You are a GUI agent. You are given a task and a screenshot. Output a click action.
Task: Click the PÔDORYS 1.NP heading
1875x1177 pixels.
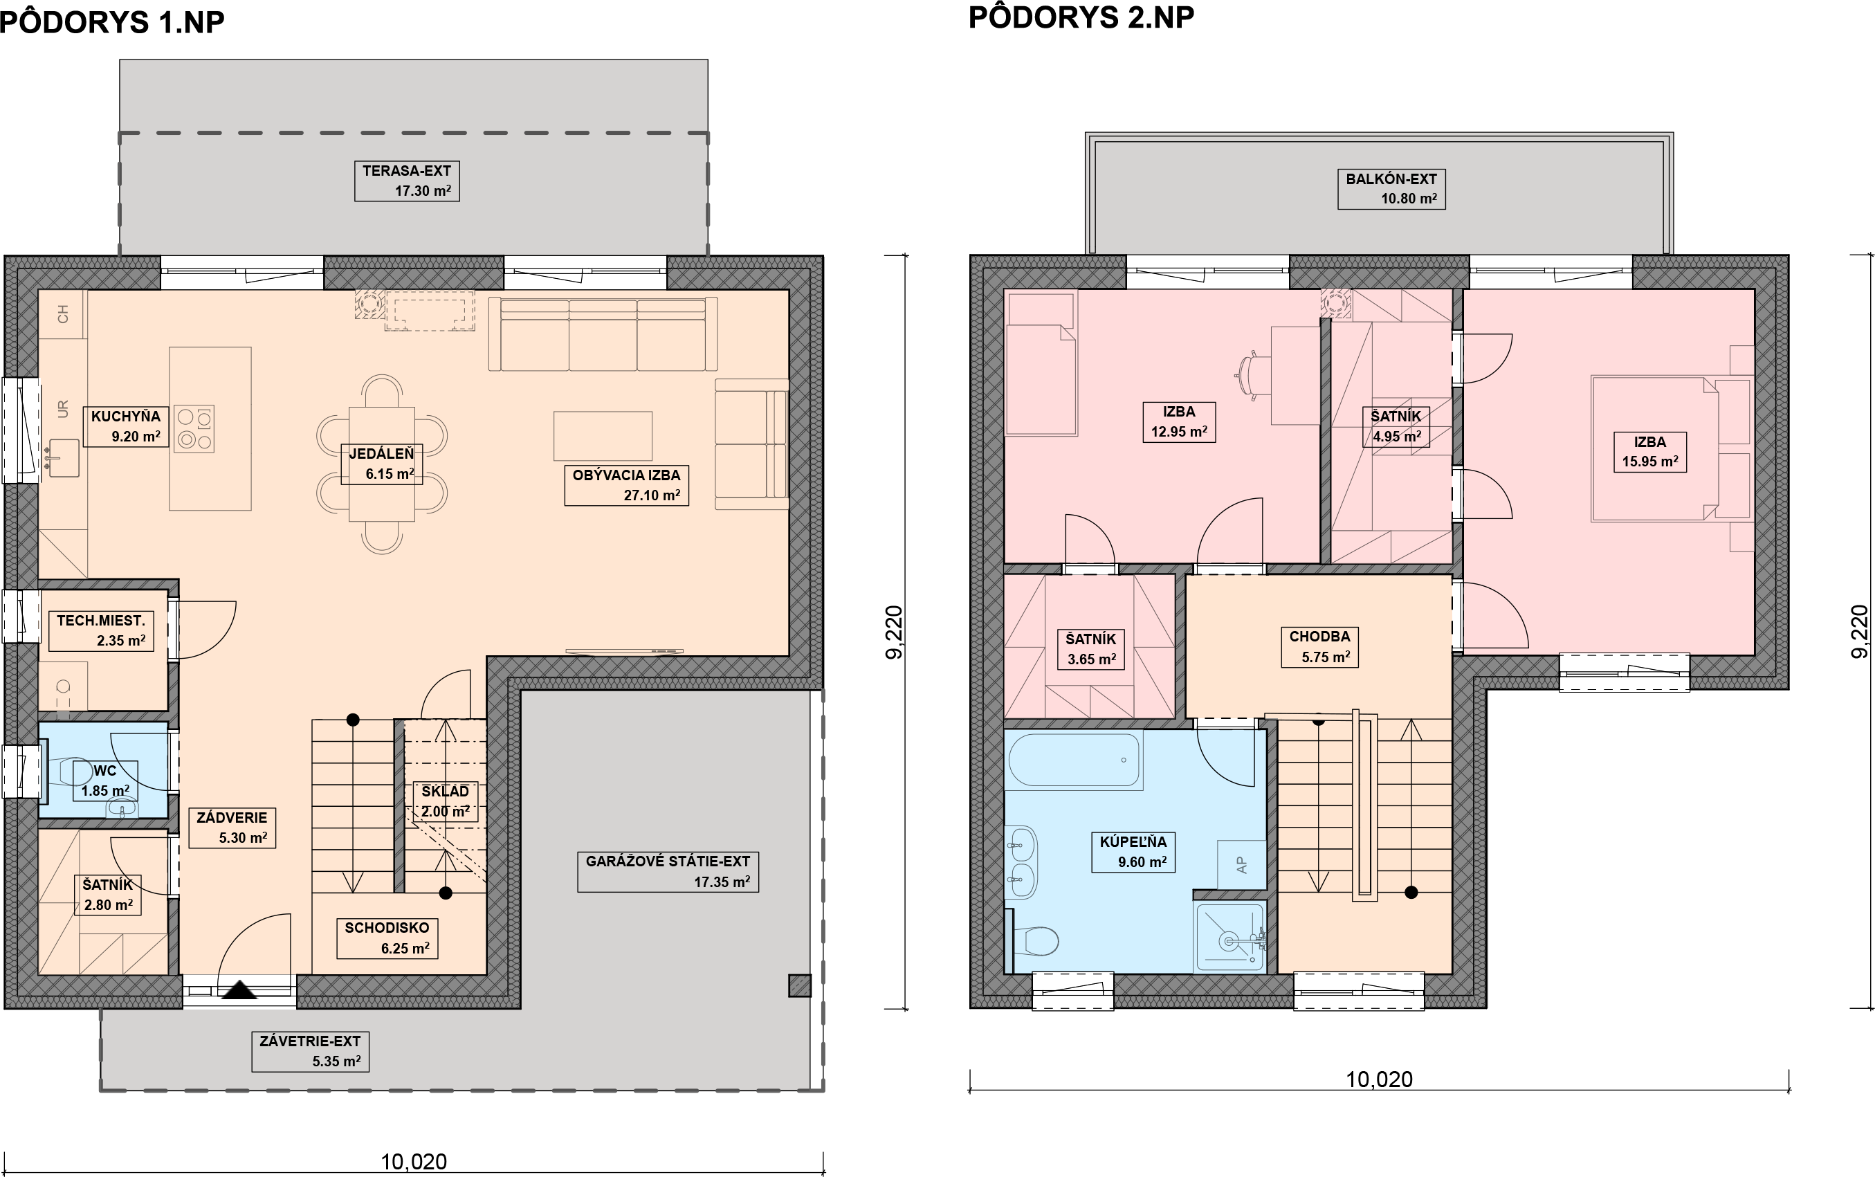click(x=112, y=23)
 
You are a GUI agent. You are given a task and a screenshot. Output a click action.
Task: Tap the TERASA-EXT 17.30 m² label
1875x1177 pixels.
click(x=407, y=181)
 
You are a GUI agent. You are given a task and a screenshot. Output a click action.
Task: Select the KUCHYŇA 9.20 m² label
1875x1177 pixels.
click(x=126, y=426)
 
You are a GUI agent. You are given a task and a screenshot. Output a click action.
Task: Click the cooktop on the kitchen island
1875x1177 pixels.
click(x=194, y=429)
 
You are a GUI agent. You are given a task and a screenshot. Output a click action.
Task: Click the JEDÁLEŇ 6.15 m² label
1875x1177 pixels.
click(x=382, y=464)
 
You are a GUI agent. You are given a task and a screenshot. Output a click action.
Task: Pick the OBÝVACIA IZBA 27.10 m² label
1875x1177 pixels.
click(x=627, y=485)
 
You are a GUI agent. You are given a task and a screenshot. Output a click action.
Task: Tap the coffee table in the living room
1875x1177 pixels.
click(x=603, y=436)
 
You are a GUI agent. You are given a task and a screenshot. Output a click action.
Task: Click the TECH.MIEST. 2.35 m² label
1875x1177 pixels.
click(x=101, y=630)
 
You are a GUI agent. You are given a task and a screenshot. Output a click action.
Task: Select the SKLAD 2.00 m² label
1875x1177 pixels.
click(x=445, y=801)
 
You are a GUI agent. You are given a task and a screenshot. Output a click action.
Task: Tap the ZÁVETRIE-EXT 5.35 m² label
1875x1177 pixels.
click(x=311, y=1052)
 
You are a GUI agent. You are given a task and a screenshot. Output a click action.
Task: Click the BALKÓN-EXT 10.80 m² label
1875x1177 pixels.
click(x=1391, y=189)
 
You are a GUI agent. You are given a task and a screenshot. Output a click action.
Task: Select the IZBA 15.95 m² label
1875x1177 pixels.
click(x=1650, y=451)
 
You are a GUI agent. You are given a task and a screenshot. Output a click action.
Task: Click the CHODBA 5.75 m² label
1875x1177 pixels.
click(x=1320, y=647)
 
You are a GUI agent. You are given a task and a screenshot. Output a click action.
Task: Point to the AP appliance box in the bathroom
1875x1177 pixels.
click(x=1242, y=865)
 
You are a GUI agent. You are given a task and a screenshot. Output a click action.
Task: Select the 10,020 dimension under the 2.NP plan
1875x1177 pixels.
click(x=1379, y=1079)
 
